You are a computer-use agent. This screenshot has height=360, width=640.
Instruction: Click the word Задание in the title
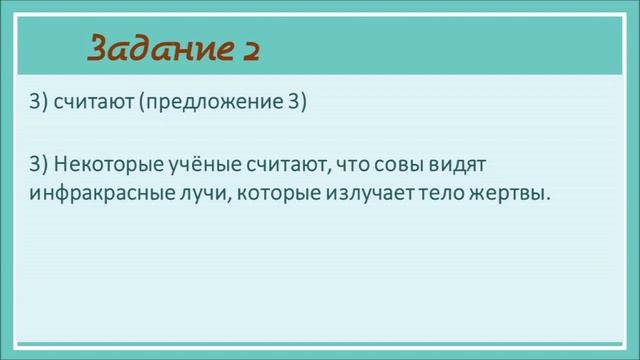point(159,48)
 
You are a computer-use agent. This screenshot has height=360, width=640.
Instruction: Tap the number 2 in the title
point(250,48)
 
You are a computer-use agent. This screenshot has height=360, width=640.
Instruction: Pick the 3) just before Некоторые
point(38,163)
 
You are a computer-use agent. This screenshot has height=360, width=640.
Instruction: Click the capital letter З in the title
point(100,48)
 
